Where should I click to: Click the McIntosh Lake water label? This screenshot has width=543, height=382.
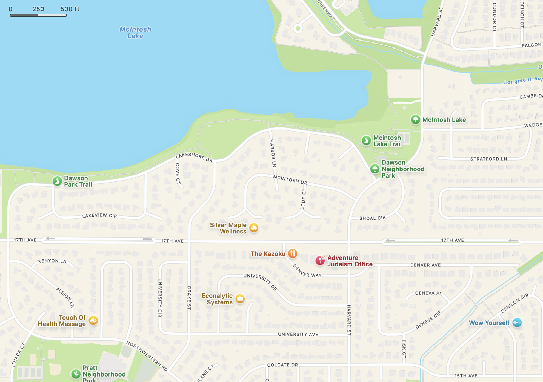coord(135,32)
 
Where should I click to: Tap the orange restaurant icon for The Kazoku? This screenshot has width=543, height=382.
coord(293,253)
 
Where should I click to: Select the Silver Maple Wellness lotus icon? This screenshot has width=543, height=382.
coord(254,228)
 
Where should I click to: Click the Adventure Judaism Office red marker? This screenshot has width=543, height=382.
coord(320,260)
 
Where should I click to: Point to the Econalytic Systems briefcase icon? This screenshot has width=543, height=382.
coord(240,299)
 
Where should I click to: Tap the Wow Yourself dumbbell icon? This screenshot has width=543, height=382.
coord(517,323)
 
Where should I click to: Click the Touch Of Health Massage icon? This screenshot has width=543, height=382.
coord(93,320)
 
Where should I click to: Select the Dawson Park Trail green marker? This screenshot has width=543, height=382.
coord(57,181)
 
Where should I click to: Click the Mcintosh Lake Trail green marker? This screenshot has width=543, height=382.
coord(366,141)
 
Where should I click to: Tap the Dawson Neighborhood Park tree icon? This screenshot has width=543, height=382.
coord(375,169)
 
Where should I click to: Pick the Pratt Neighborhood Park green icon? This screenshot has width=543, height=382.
coord(76,374)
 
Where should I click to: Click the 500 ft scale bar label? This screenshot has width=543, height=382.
coord(70,9)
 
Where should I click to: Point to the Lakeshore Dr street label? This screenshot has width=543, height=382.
coord(194,157)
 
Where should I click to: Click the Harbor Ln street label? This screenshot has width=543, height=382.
coord(273,153)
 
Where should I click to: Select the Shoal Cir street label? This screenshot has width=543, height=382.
coord(372,218)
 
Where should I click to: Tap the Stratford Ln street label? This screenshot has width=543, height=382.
coord(488,159)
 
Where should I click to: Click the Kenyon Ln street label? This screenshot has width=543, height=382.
coord(52,261)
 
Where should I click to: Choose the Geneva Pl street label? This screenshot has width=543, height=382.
coord(428,293)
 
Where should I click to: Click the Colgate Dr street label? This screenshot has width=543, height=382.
coord(282,365)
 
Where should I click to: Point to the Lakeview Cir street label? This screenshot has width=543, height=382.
coord(99,216)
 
